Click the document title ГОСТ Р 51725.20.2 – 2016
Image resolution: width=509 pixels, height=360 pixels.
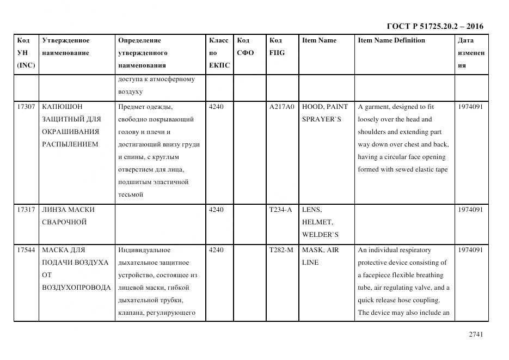click(x=434, y=26)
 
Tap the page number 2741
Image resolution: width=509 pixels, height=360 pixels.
click(x=475, y=334)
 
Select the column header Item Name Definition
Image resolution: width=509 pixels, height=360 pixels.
click(x=391, y=40)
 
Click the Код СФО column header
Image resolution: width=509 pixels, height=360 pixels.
click(x=246, y=47)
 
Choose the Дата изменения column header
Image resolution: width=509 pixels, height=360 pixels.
click(x=471, y=53)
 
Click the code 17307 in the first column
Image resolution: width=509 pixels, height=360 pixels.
click(x=26, y=107)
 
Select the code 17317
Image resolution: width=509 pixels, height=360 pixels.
click(x=26, y=210)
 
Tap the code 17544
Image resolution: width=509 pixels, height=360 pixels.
click(x=26, y=250)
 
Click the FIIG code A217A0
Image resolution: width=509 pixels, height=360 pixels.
click(x=281, y=107)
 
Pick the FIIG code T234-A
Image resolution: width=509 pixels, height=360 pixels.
click(x=281, y=210)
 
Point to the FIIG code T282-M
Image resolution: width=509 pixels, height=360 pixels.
click(x=281, y=250)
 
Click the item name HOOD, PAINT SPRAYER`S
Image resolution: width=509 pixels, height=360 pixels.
click(x=324, y=113)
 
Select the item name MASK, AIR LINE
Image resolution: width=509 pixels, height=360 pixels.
click(x=321, y=256)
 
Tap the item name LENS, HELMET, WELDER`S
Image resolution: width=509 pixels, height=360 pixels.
click(x=320, y=222)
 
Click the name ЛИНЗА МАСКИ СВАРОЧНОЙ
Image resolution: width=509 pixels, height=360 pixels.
click(x=68, y=216)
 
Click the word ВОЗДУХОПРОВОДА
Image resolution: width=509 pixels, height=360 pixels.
click(x=76, y=288)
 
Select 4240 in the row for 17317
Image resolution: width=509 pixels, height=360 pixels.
click(x=216, y=210)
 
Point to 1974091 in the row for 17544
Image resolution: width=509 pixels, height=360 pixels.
click(x=470, y=250)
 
